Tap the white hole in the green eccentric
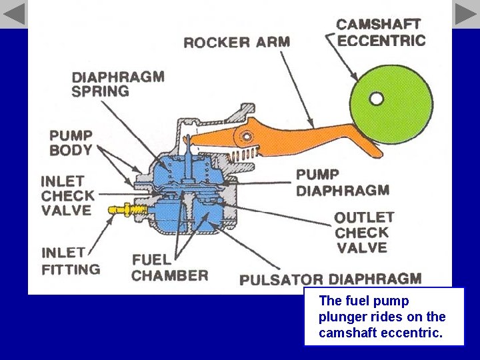point(377,99)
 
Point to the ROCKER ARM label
point(237,43)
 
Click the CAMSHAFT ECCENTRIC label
point(381,33)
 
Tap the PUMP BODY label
point(71,143)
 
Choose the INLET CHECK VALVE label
point(67,195)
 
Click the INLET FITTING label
point(71,261)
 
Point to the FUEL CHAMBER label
point(169,267)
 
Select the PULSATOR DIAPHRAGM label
point(330,280)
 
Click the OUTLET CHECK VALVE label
point(364,233)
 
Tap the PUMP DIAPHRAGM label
point(342,183)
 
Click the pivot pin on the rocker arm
point(247,137)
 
